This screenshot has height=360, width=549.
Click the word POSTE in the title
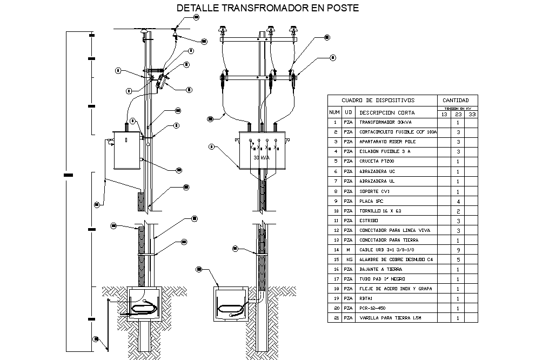[336, 8]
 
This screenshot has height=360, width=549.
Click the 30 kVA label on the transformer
[261, 158]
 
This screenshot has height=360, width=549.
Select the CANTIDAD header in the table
[458, 100]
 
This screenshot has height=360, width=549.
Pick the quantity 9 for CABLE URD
[458, 250]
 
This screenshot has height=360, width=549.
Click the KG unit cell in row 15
[349, 259]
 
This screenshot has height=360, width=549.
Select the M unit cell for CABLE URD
[349, 250]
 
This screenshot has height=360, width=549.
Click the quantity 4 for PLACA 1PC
[458, 201]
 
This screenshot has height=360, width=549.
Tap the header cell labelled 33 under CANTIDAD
[472, 114]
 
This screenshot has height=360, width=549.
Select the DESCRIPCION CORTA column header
[387, 112]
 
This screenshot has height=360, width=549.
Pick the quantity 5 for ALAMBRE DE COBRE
[458, 259]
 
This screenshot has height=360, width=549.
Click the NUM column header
[334, 112]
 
